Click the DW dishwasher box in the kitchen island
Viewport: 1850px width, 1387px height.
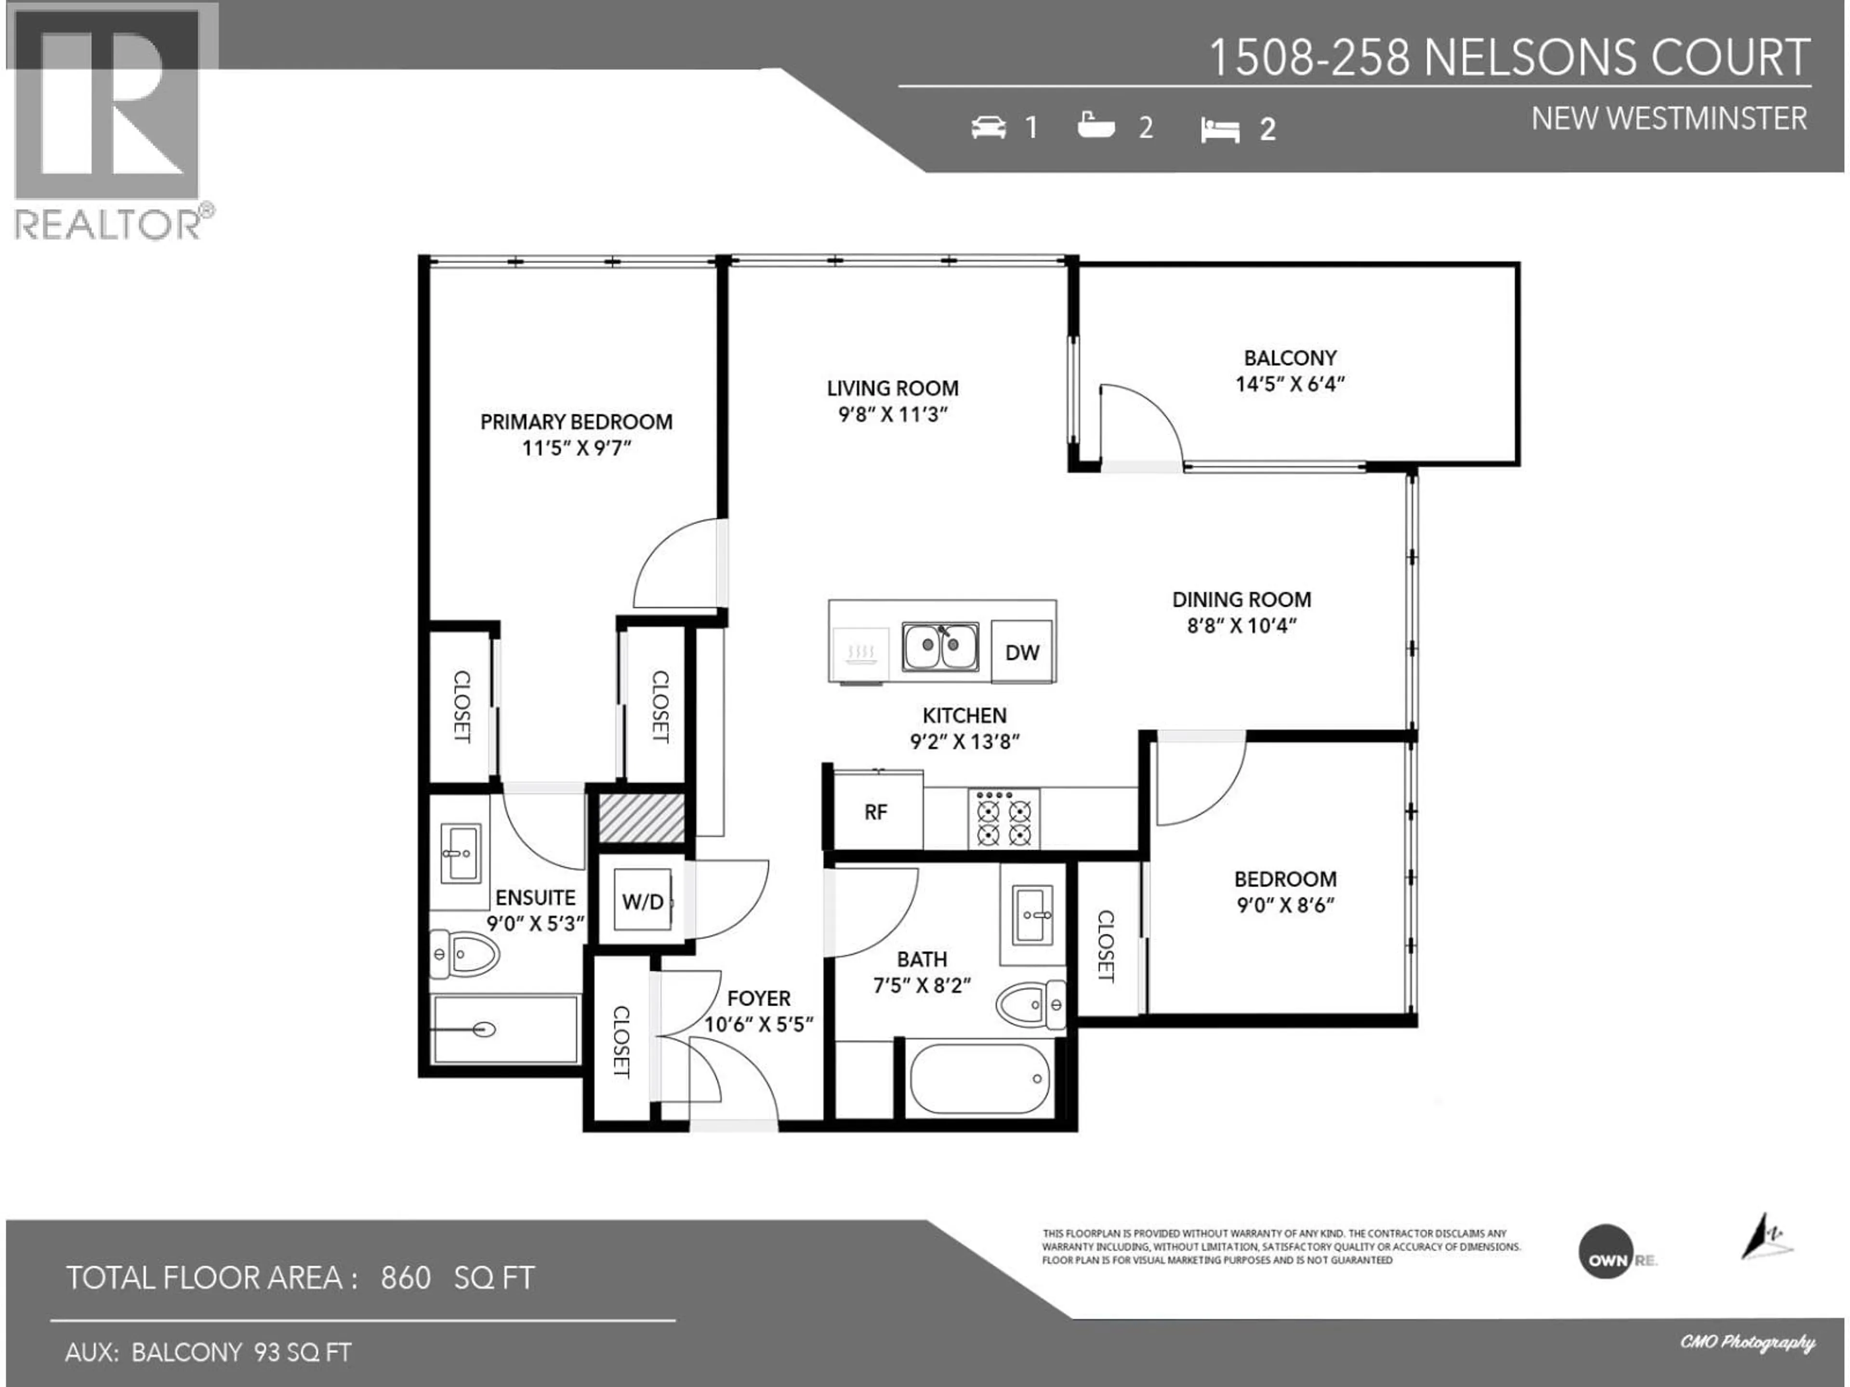coord(1021,652)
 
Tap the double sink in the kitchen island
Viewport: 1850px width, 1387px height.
coord(940,646)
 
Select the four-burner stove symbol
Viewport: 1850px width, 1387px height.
coord(1004,819)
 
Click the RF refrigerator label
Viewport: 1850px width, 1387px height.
coord(876,812)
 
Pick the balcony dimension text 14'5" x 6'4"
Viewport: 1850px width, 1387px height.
coord(1290,384)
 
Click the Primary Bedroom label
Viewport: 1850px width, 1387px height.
coord(576,422)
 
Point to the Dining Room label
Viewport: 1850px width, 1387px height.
coord(1241,600)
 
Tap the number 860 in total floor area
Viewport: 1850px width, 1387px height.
coord(406,1278)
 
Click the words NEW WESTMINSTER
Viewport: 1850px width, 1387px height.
coord(1668,119)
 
